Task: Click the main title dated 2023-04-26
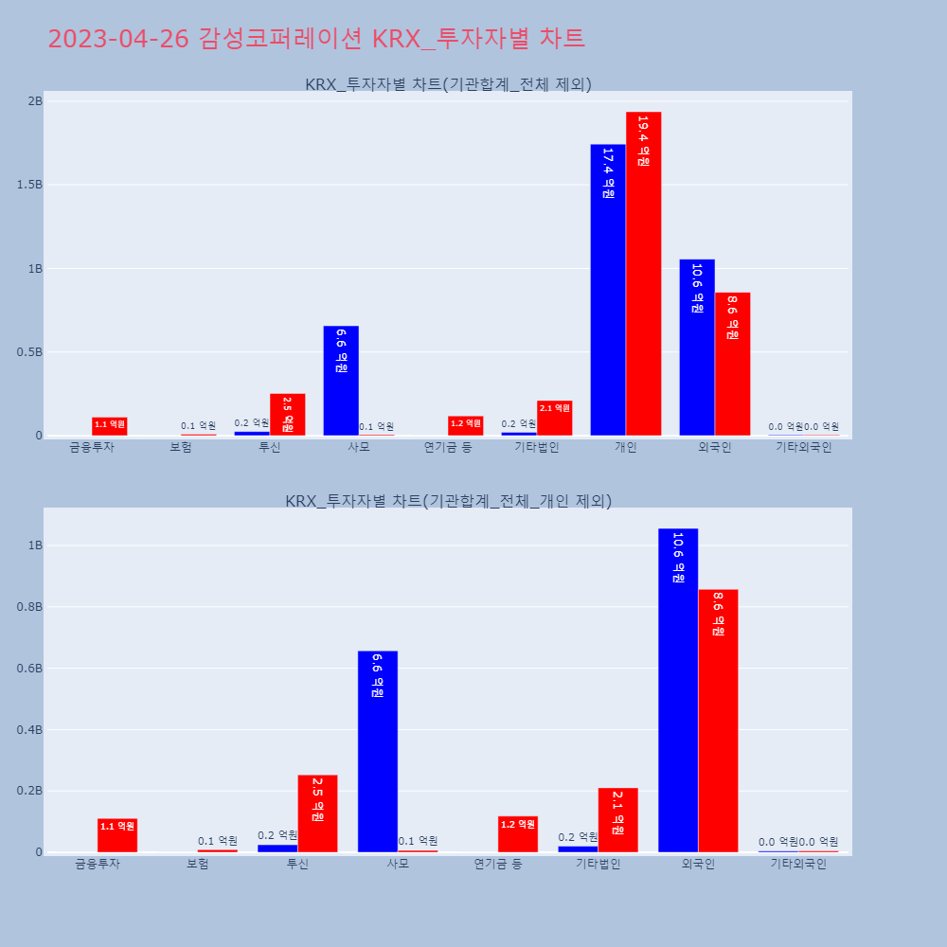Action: click(x=316, y=39)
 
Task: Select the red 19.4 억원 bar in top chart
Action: click(x=643, y=274)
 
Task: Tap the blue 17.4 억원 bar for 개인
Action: click(x=608, y=290)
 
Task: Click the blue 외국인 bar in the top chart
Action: click(x=697, y=348)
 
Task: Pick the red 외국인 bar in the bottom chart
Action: click(x=718, y=721)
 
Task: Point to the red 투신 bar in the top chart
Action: click(x=287, y=415)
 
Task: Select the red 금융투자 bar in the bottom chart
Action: click(x=117, y=835)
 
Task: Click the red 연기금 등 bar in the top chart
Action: click(x=465, y=425)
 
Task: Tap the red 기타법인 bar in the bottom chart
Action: click(x=617, y=820)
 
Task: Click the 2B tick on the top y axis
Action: click(x=34, y=101)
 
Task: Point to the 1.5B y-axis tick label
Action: click(x=29, y=185)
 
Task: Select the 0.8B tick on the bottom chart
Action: click(x=29, y=607)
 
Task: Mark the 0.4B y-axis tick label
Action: click(x=29, y=730)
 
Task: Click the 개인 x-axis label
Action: click(x=626, y=447)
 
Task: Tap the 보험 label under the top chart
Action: click(x=181, y=447)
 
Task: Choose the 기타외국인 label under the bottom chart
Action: click(x=798, y=864)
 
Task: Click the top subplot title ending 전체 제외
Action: click(x=448, y=84)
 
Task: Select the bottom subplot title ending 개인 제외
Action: click(x=448, y=501)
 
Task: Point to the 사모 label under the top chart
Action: click(x=359, y=447)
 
